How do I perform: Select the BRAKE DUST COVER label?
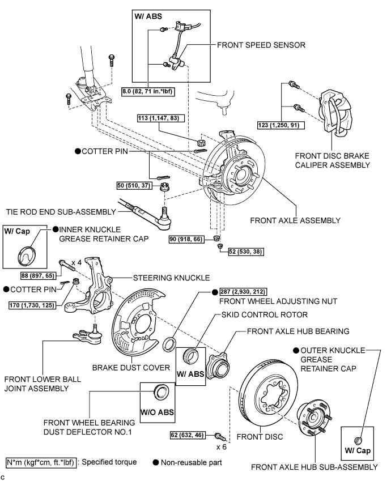tap(139, 367)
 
